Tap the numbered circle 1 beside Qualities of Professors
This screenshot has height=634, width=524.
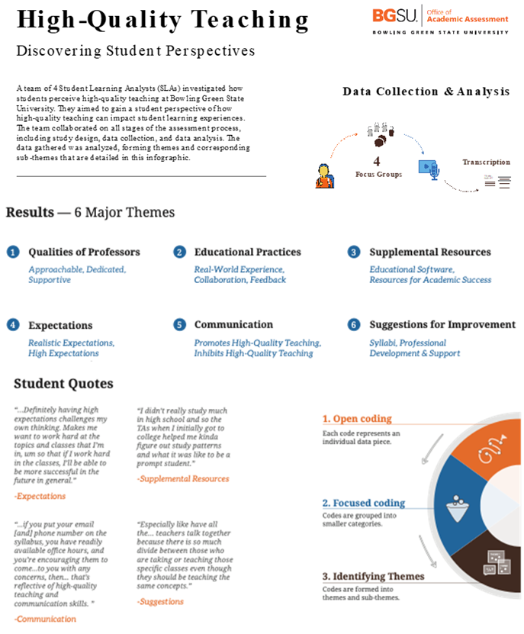pyautogui.click(x=13, y=252)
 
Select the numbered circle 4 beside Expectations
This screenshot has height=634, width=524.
pyautogui.click(x=13, y=325)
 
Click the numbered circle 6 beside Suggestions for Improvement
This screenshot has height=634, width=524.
pyautogui.click(x=354, y=325)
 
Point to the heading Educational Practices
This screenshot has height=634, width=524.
pyautogui.click(x=247, y=252)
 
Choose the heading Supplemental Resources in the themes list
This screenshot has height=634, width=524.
pyautogui.click(x=429, y=252)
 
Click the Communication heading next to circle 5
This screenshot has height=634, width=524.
pyautogui.click(x=233, y=324)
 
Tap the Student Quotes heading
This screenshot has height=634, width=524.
pyautogui.click(x=63, y=383)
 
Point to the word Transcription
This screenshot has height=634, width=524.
pyautogui.click(x=486, y=163)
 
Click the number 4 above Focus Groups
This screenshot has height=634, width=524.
pyautogui.click(x=377, y=162)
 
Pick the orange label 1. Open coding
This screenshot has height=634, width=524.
pyautogui.click(x=356, y=419)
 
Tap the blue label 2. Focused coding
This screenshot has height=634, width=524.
pyautogui.click(x=363, y=503)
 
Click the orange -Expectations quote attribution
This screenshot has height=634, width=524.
pyautogui.click(x=40, y=496)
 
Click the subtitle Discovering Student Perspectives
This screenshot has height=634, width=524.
pyautogui.click(x=136, y=51)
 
